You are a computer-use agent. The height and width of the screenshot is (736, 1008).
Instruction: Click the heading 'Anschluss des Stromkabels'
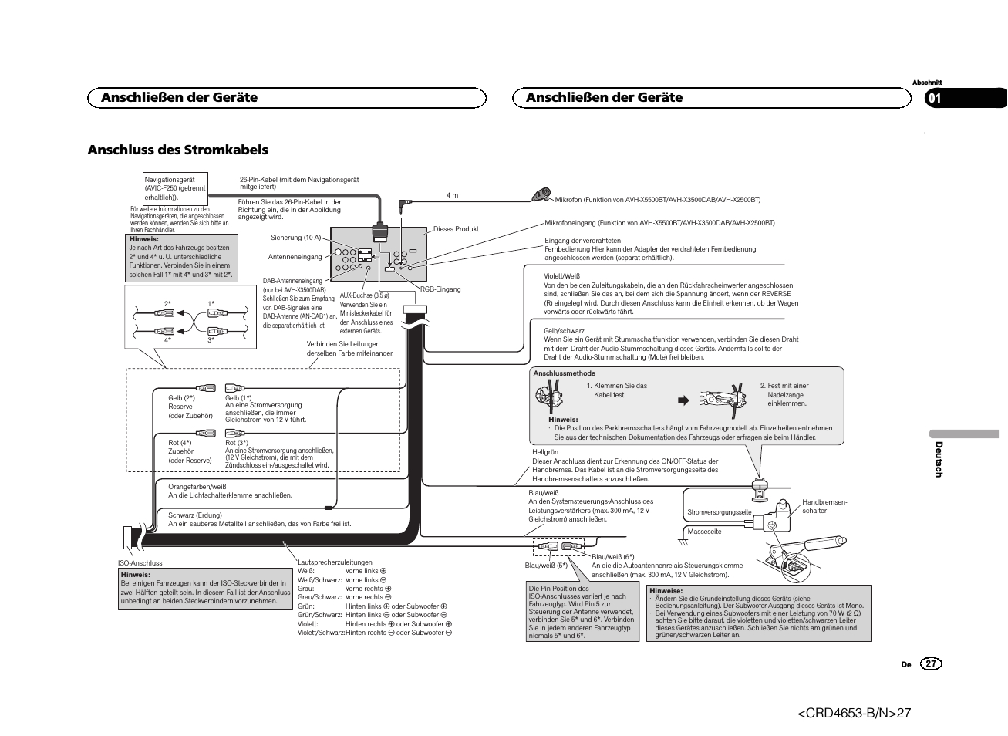(x=177, y=150)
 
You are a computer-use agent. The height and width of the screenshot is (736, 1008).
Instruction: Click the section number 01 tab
(x=936, y=98)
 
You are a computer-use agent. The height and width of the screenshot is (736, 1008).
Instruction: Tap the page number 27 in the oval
(x=931, y=664)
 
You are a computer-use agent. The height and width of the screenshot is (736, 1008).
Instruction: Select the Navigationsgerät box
(x=175, y=188)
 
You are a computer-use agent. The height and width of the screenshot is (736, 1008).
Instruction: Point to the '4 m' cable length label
(x=452, y=195)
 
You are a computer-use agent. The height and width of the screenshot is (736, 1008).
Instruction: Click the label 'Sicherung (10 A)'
(x=295, y=238)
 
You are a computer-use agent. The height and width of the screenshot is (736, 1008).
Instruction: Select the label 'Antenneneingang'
(x=295, y=257)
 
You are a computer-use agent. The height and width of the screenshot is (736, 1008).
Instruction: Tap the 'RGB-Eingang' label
(x=440, y=289)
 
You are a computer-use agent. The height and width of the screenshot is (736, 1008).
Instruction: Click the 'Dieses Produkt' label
(x=456, y=229)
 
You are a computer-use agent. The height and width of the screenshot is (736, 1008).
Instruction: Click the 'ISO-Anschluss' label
(x=140, y=563)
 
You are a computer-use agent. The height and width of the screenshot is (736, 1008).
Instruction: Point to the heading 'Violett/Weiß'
(x=561, y=276)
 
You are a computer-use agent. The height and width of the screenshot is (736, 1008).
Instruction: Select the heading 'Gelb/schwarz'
(x=564, y=330)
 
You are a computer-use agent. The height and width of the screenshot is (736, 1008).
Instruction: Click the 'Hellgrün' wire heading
(x=545, y=452)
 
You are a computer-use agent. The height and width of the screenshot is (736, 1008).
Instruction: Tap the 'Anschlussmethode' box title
(x=564, y=373)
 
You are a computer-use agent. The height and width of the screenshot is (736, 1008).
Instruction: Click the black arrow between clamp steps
(x=682, y=400)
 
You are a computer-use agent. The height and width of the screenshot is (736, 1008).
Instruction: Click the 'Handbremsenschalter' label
(x=824, y=506)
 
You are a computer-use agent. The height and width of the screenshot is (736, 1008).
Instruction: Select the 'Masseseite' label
(x=703, y=532)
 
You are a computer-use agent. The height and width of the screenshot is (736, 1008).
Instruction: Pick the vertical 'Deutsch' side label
(x=939, y=460)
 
